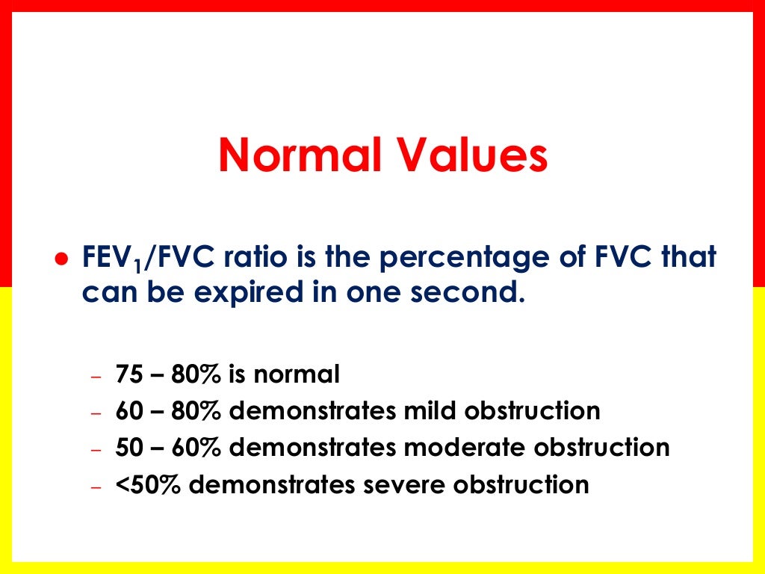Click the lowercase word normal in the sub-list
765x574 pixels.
[297, 374]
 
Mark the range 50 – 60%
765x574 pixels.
[168, 447]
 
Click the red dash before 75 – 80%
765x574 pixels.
[95, 376]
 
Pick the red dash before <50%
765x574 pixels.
[95, 487]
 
